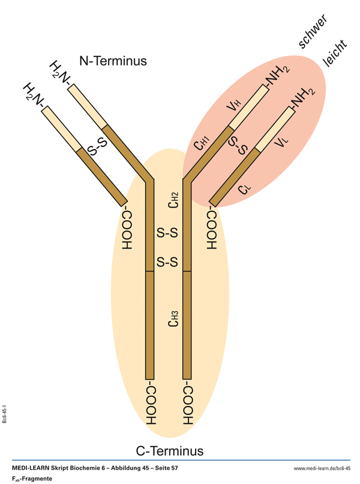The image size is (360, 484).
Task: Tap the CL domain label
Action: click(244, 189)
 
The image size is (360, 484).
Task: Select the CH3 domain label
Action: click(173, 319)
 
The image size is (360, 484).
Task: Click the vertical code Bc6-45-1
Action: click(5, 414)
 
